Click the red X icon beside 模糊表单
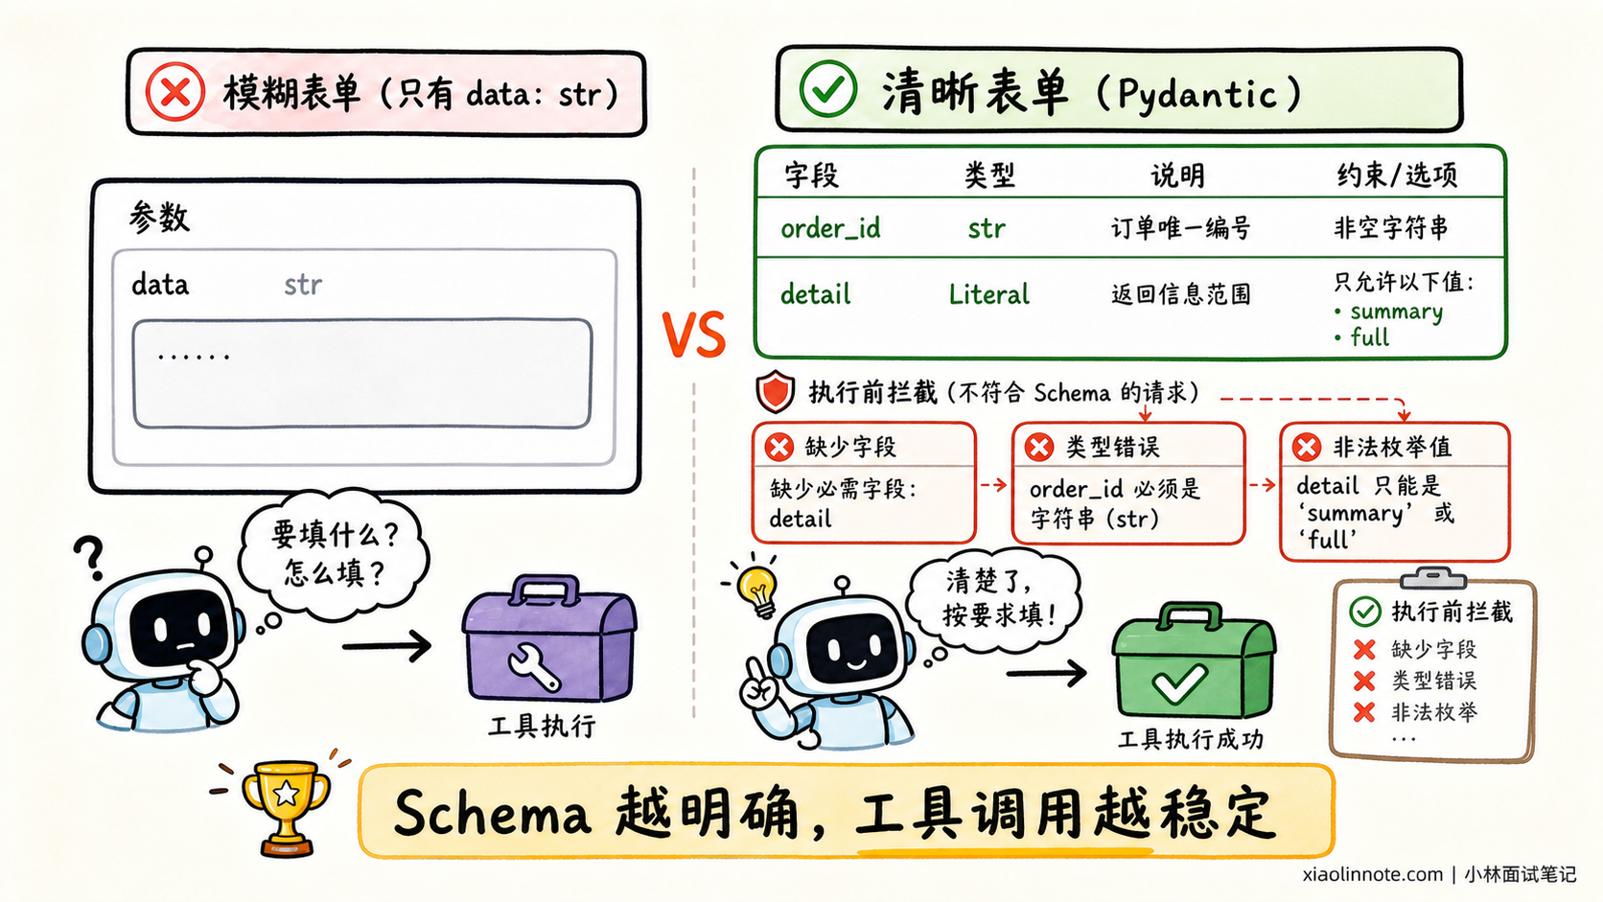tap(174, 92)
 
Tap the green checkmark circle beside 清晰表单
tap(828, 89)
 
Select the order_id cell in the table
tap(830, 229)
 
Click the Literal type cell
tap(989, 294)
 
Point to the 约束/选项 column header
tap(1397, 174)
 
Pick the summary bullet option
tap(1388, 312)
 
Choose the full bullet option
tap(1361, 336)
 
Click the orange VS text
tap(693, 334)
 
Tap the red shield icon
tap(775, 392)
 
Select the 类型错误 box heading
tap(1112, 447)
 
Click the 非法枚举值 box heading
tap(1392, 447)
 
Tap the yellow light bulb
tap(756, 590)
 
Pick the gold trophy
tap(287, 806)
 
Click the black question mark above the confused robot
tap(89, 557)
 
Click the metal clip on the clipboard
tap(1433, 577)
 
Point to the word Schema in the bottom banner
tap(493, 813)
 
